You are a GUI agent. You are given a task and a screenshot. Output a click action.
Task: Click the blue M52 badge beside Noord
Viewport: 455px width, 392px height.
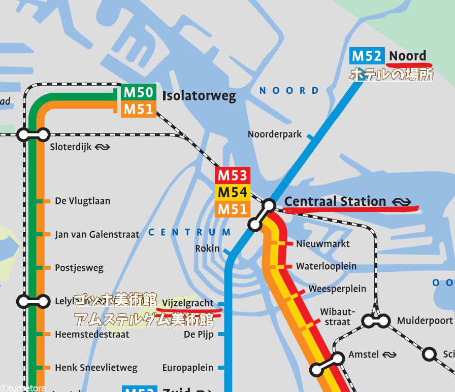pos(367,56)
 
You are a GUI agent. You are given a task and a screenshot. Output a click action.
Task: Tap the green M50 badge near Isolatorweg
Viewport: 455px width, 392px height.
pos(139,93)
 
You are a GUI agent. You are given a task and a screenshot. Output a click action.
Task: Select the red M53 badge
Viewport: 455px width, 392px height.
pos(232,176)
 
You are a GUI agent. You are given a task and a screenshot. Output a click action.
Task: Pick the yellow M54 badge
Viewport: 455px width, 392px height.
pos(232,193)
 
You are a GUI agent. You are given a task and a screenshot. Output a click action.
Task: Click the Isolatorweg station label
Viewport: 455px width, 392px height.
pos(199,96)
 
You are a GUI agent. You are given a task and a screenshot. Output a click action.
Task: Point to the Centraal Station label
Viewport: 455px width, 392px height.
pos(335,201)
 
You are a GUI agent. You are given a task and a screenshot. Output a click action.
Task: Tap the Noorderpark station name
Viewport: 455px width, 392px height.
pos(275,134)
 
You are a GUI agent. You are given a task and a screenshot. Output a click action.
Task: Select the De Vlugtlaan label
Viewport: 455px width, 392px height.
pos(82,201)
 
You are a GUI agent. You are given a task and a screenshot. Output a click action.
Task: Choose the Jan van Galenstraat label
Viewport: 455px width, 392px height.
pos(97,234)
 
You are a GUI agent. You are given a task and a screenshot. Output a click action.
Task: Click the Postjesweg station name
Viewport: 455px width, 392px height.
pos(79,267)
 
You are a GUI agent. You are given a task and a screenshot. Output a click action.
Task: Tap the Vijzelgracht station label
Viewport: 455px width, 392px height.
pos(188,303)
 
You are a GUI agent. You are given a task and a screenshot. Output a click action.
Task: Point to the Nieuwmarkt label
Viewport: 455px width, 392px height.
pos(323,243)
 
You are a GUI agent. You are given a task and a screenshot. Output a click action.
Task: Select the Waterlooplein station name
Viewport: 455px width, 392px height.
pos(327,266)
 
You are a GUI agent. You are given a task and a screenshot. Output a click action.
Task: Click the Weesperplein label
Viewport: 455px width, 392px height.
pos(337,289)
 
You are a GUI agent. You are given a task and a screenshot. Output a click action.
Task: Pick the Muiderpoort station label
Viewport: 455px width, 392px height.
pos(425,320)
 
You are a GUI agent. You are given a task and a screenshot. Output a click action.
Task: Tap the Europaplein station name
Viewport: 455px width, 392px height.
pos(188,368)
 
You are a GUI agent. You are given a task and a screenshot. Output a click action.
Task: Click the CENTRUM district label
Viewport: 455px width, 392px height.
pos(189,232)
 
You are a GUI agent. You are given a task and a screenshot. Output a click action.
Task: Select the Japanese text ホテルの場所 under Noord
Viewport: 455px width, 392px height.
pos(392,75)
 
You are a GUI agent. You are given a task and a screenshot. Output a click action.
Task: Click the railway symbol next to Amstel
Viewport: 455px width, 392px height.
pos(389,355)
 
